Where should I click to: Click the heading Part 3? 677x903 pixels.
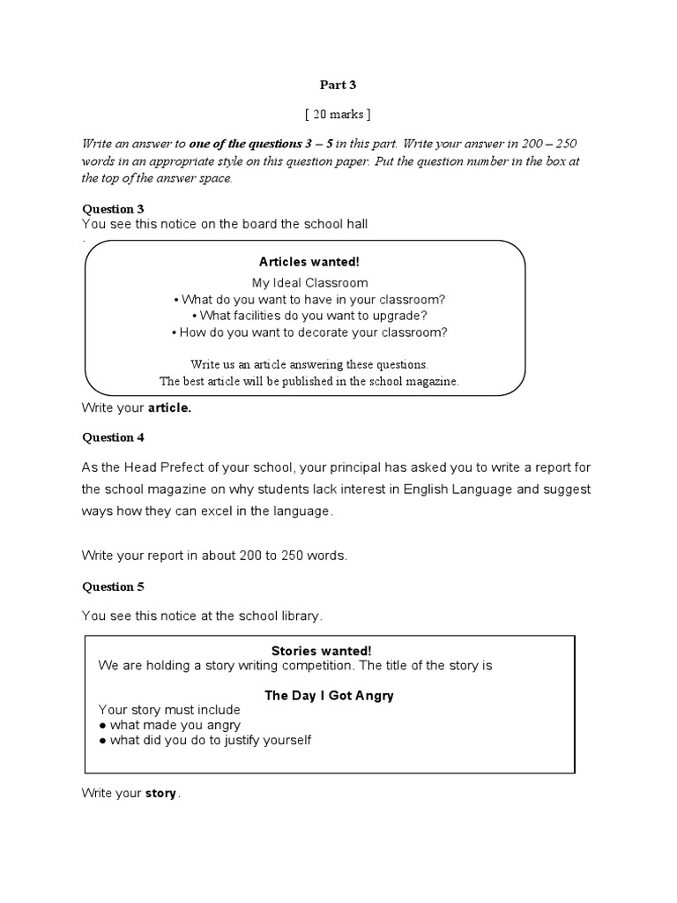[338, 86]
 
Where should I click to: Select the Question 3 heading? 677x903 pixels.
[113, 209]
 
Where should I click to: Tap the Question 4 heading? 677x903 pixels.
[113, 437]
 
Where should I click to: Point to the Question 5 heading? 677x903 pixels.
[113, 586]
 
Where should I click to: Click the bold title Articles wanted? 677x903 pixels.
[309, 262]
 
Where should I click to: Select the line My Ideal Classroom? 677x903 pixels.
[309, 283]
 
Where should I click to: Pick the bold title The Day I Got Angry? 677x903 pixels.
[329, 695]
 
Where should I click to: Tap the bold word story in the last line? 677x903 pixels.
[160, 794]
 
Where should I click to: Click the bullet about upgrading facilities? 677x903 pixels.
[309, 316]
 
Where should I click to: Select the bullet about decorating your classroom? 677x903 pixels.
[309, 332]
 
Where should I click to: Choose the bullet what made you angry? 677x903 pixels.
[169, 725]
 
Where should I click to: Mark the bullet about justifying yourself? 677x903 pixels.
[205, 740]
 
